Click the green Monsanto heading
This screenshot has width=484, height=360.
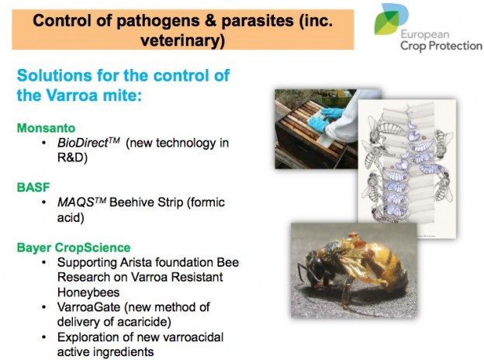click(46, 128)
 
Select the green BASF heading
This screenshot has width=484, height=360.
click(33, 187)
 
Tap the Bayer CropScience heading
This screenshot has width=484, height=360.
click(74, 247)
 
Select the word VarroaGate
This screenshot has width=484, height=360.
click(88, 307)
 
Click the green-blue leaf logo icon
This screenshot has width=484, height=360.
click(390, 19)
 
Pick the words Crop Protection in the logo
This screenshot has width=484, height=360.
click(441, 46)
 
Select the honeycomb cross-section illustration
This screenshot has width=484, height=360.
click(407, 168)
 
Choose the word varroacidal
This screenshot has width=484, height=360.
click(192, 337)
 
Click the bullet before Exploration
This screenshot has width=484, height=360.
click(44, 337)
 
